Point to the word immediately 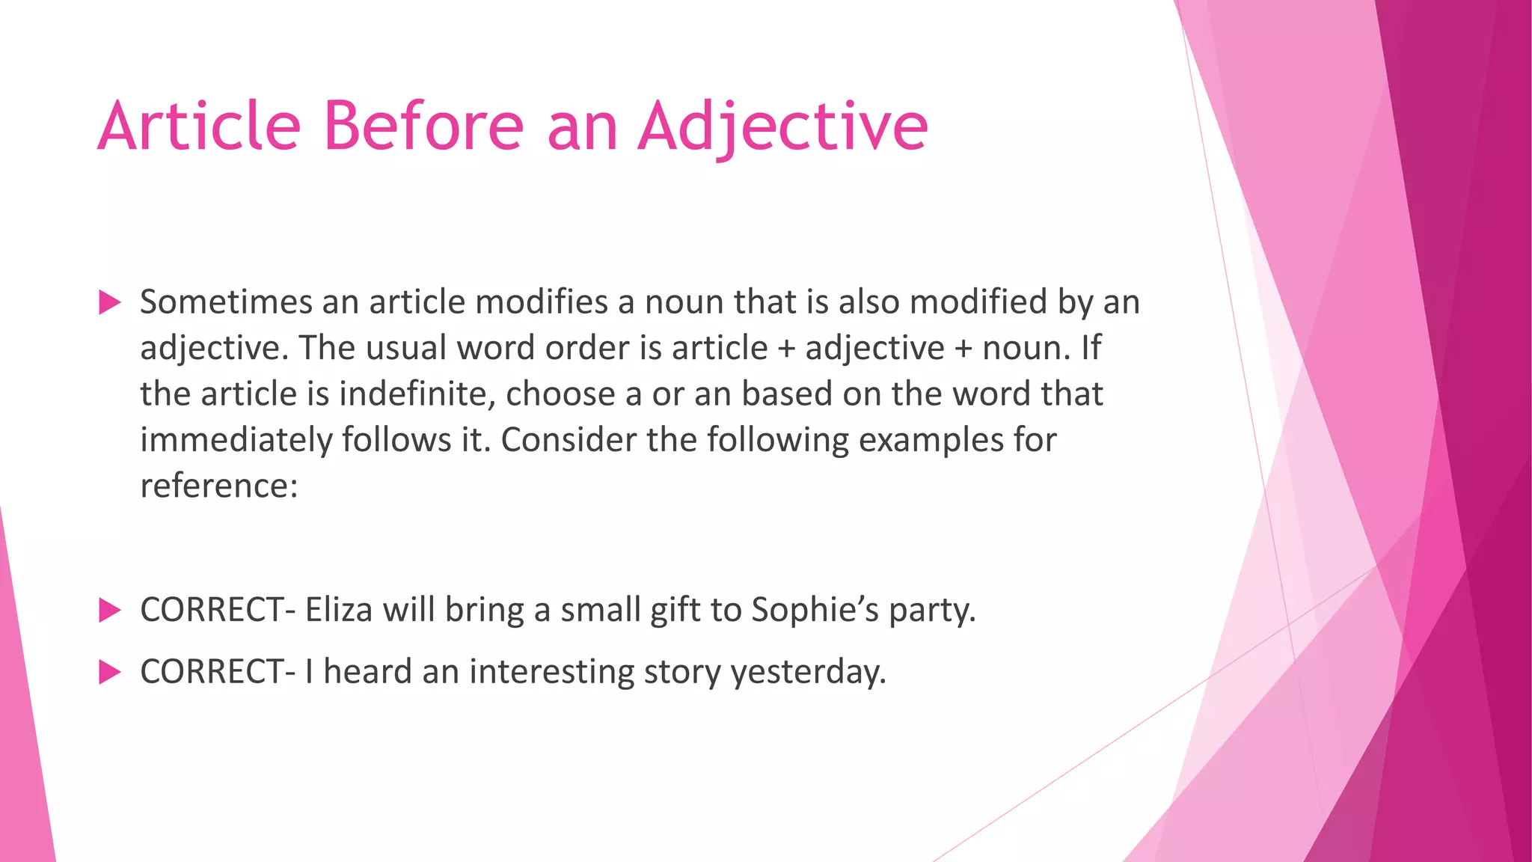point(236,440)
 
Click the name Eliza point(339,610)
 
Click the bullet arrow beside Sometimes point(109,303)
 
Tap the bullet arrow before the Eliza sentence point(109,611)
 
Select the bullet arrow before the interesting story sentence point(109,672)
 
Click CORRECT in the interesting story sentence point(212,671)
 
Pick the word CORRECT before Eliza point(212,610)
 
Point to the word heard point(367,671)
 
